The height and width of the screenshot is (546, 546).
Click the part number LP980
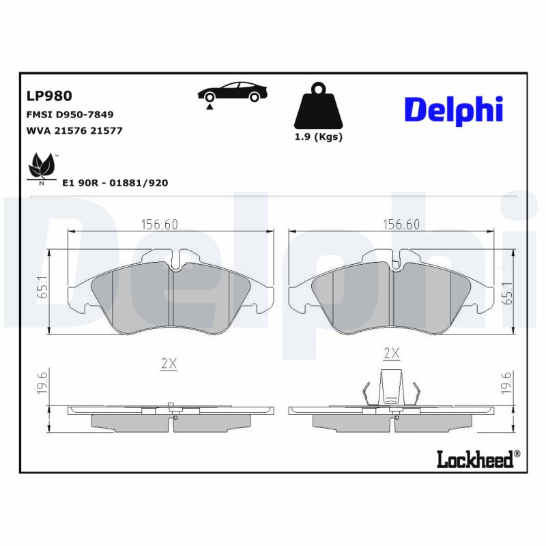click(49, 96)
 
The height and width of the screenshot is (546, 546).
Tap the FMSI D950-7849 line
click(70, 115)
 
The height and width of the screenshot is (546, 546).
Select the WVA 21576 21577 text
click(74, 130)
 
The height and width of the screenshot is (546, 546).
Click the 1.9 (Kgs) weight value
click(318, 136)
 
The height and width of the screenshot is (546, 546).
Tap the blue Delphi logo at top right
click(453, 109)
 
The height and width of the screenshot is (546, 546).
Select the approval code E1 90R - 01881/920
click(115, 183)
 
